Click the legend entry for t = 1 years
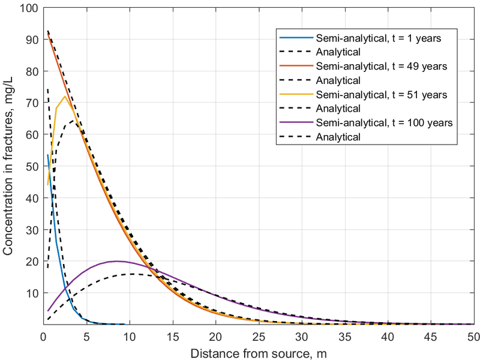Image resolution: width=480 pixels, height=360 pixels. click(x=379, y=38)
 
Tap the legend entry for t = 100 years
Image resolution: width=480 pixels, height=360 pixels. click(x=383, y=122)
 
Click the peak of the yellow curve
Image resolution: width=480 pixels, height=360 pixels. click(x=65, y=96)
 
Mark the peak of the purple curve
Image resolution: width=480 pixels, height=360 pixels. click(x=116, y=261)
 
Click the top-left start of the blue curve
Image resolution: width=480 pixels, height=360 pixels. click(x=47, y=155)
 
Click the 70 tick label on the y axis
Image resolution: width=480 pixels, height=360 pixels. click(x=32, y=103)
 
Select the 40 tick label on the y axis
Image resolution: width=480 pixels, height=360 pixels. click(x=32, y=198)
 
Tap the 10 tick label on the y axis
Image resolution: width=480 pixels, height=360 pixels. click(x=32, y=293)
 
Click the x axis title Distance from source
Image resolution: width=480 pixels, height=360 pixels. click(x=258, y=351)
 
